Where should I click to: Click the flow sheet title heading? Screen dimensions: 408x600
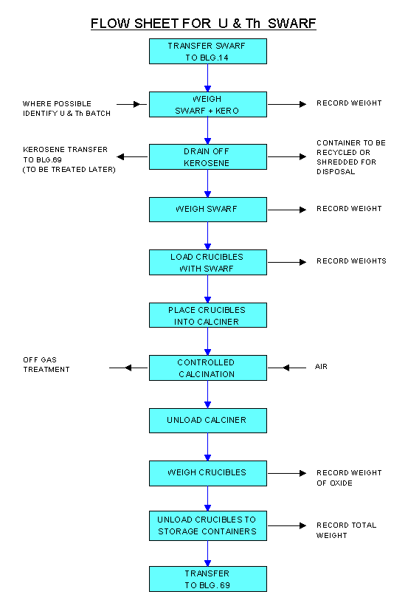click(x=204, y=24)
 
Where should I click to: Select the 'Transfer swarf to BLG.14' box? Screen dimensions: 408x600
click(x=207, y=51)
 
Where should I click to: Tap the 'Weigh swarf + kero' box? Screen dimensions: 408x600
click(x=207, y=104)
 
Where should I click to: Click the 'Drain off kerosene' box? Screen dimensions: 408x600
click(x=207, y=157)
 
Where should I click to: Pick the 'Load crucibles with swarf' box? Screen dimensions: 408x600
click(x=207, y=263)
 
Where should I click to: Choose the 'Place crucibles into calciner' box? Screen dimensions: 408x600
click(x=207, y=315)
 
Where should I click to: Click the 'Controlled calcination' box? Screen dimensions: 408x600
click(x=207, y=368)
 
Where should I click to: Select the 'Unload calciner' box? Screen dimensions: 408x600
click(x=207, y=421)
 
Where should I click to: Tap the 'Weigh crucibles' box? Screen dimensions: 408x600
click(x=207, y=473)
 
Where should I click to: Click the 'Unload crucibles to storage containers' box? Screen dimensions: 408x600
click(x=207, y=525)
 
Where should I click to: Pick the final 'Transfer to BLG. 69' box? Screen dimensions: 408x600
click(x=207, y=579)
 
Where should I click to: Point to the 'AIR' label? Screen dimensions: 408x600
click(x=321, y=367)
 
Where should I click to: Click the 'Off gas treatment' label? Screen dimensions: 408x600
click(x=46, y=365)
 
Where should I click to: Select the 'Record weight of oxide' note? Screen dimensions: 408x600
click(x=349, y=478)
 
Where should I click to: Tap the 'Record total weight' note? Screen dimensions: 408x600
click(x=347, y=531)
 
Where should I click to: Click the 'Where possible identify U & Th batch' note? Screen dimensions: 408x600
click(x=66, y=108)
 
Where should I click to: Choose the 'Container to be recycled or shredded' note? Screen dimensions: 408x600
click(x=351, y=157)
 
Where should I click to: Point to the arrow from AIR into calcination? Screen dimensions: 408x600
click(x=287, y=368)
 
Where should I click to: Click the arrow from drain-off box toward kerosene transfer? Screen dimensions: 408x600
click(x=132, y=156)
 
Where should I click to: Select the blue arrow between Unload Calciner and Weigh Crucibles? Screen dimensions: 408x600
click(x=207, y=447)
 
